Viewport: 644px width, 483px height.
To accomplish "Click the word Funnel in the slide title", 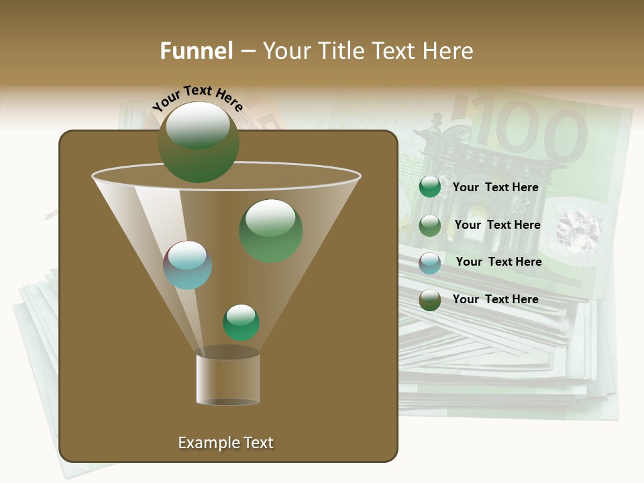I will point(196,51).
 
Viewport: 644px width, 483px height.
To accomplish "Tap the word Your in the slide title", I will point(284,51).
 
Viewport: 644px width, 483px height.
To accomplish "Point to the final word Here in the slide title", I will point(449,51).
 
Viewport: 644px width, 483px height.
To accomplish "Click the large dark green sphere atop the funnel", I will point(199,142).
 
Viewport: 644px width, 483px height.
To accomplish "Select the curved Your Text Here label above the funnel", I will point(198,97).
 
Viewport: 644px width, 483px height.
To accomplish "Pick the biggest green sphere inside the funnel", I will point(270,230).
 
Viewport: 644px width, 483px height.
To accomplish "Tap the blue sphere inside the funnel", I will point(188,265).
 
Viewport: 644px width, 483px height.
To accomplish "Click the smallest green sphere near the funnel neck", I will point(241,323).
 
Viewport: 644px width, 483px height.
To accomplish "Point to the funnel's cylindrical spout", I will point(228,379).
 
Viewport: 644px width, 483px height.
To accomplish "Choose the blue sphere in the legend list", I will point(430,263).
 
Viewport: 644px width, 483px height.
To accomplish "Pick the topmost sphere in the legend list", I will point(430,187).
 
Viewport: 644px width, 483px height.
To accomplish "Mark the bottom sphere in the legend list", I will point(430,300).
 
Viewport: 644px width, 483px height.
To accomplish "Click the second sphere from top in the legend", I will point(430,225).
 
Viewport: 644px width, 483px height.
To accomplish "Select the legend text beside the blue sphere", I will point(498,262).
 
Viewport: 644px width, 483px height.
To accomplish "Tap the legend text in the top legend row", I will point(495,187).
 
